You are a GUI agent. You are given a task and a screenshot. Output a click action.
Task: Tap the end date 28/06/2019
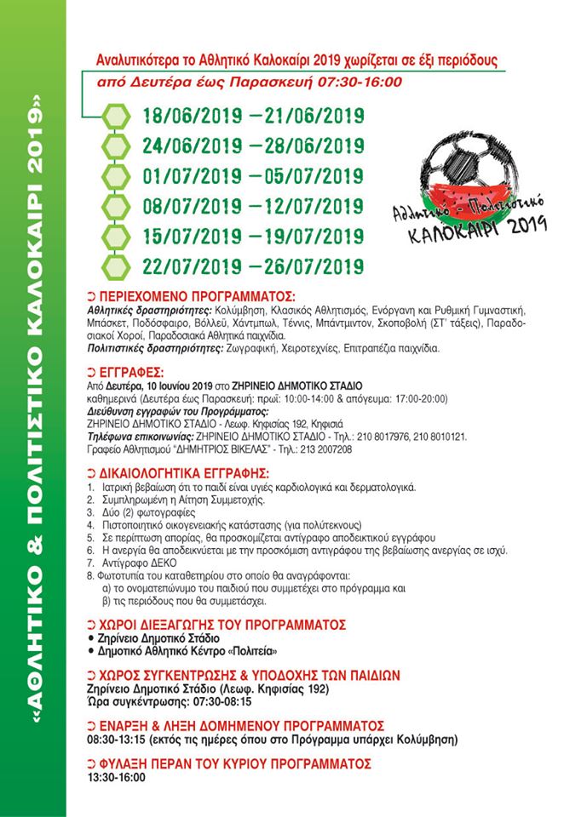click(308, 146)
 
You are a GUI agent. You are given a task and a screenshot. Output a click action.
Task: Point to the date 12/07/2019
click(308, 207)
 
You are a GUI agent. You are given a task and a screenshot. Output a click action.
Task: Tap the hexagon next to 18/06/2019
click(113, 115)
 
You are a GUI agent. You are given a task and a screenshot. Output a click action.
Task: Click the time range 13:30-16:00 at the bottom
click(117, 777)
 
